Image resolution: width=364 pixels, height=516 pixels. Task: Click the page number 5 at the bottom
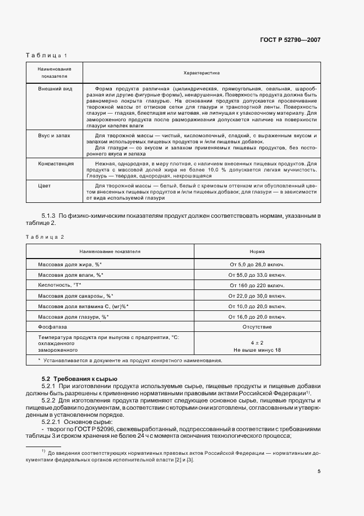tap(319, 471)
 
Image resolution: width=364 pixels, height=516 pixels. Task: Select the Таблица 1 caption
tap(46, 56)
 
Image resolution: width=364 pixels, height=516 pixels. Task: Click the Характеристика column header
tap(202, 73)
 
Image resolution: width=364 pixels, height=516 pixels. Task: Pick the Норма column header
tap(257, 251)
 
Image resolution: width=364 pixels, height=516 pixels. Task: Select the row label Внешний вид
tap(55, 88)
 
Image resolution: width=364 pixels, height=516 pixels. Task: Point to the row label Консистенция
tap(56, 164)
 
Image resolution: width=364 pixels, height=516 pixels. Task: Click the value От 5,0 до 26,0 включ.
tap(257, 264)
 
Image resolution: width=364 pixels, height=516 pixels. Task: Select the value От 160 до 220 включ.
tap(257, 285)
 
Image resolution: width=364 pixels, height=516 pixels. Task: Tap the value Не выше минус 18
tap(257, 350)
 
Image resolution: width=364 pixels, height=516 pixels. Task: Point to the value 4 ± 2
tap(257, 343)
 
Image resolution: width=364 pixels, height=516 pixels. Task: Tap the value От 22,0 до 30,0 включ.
tap(257, 295)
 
